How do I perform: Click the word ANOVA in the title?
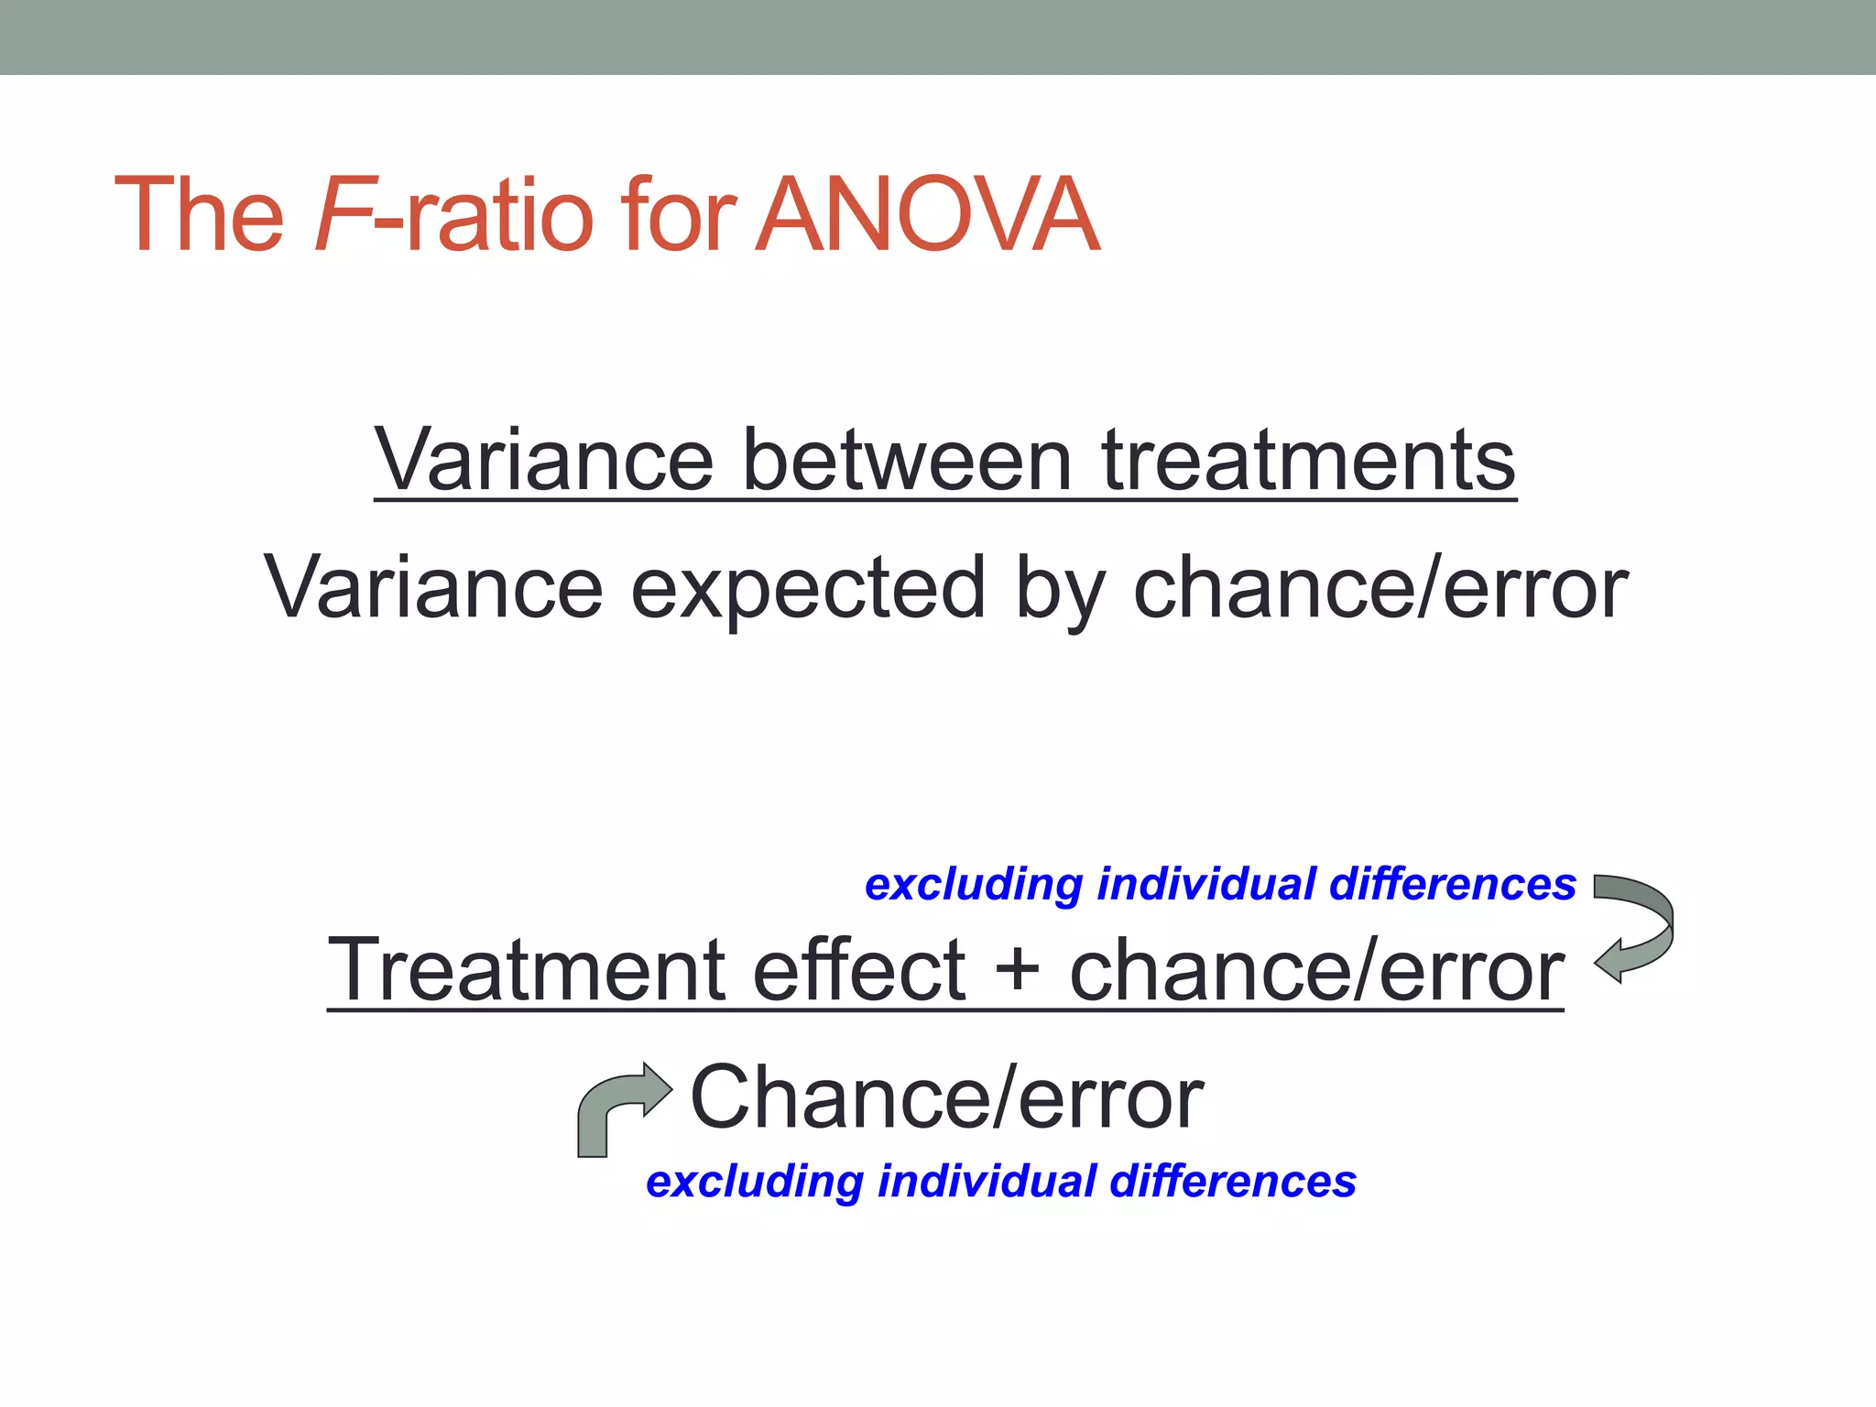point(927,215)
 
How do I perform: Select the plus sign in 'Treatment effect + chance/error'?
point(1017,971)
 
